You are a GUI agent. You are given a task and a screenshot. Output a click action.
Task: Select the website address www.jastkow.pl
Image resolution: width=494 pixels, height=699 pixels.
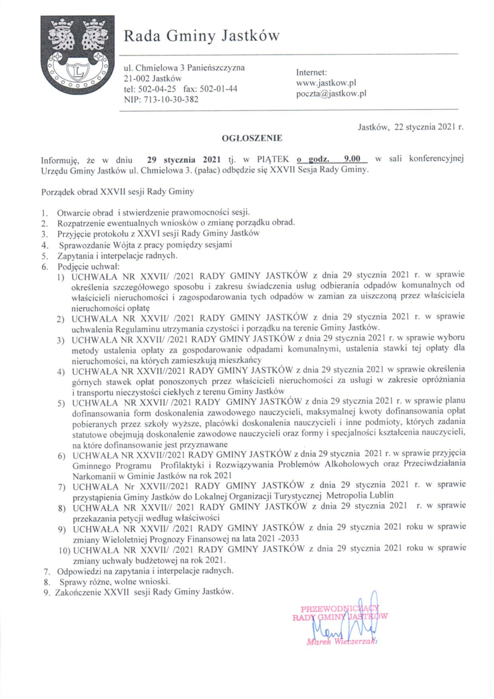tap(327, 83)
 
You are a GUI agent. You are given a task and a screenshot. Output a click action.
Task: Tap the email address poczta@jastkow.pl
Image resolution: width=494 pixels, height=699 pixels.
tap(332, 94)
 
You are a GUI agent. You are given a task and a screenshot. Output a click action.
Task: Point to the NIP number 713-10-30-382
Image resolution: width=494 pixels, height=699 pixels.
tap(161, 99)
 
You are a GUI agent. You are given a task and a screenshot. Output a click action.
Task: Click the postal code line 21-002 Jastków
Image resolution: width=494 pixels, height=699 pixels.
tap(153, 78)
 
